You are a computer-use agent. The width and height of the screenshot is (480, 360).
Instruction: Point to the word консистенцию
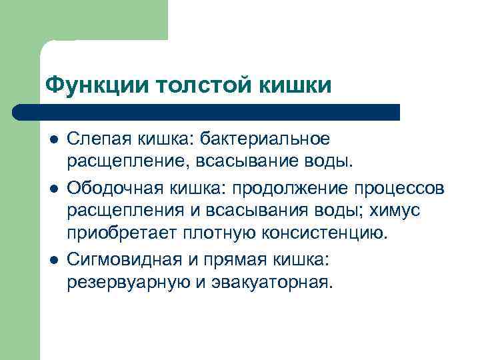coord(320,233)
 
